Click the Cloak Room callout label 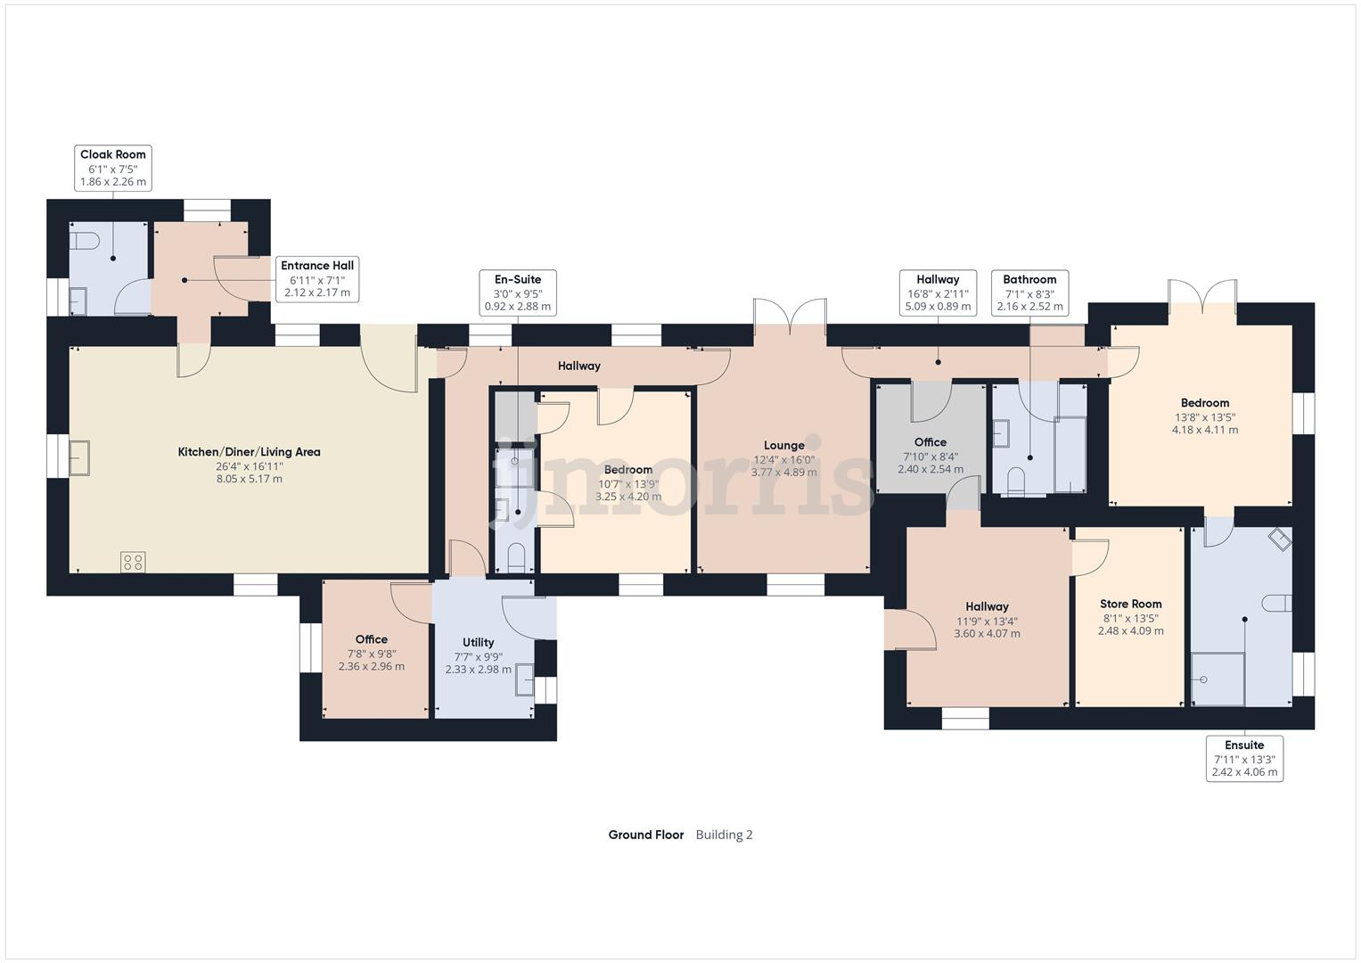click(113, 168)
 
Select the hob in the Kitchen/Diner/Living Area click(133, 563)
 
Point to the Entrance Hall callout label click(317, 278)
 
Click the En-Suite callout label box click(517, 292)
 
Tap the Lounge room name click(783, 445)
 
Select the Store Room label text click(1131, 604)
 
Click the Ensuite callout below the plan click(1243, 758)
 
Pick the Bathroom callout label click(1029, 292)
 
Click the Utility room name click(478, 642)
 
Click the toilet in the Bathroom click(1016, 482)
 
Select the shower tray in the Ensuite click(1218, 679)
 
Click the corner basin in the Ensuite click(1280, 539)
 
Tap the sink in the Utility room click(525, 680)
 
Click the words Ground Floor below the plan click(645, 835)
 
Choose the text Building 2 click(724, 835)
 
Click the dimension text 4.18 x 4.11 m click(1204, 430)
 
